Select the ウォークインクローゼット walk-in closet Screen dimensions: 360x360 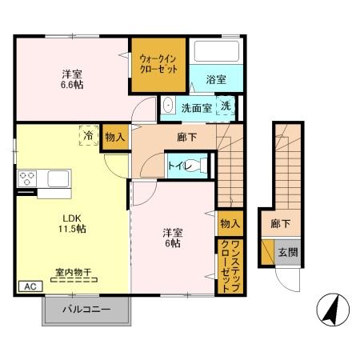pyautogui.click(x=159, y=64)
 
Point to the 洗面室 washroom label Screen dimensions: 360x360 pyautogui.click(x=195, y=107)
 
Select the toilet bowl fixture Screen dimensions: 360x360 pyautogui.click(x=203, y=166)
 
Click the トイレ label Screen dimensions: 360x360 pyautogui.click(x=178, y=165)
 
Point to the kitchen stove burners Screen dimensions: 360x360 pyautogui.click(x=26, y=178)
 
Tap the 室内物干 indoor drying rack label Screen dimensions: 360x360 pyautogui.click(x=72, y=274)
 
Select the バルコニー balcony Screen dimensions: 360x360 pyautogui.click(x=86, y=310)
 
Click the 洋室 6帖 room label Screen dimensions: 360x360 pyautogui.click(x=172, y=238)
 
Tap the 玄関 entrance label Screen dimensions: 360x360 pyautogui.click(x=287, y=253)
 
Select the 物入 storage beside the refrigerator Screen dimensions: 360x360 pyautogui.click(x=114, y=138)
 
